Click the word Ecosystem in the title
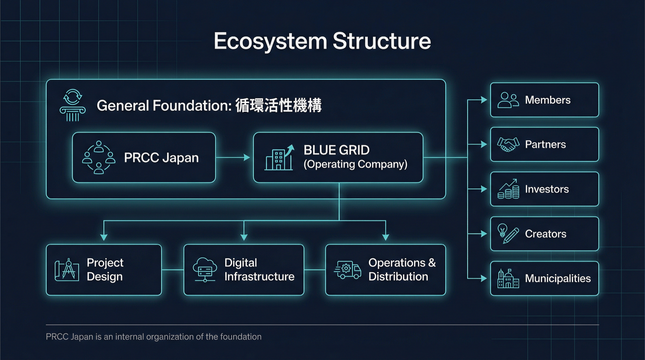coord(270,41)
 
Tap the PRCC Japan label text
coord(161,158)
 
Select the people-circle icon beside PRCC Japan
coord(98,157)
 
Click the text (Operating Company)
coord(355,164)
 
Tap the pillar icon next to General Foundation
coord(73,105)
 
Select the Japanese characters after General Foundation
coord(278,105)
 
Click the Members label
coord(548,100)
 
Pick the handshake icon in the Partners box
coord(508,145)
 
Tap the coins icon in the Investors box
coord(508,189)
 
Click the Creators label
coord(546,234)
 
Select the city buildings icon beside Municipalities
coord(508,279)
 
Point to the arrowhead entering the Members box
coord(484,100)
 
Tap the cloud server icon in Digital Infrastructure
coord(205,270)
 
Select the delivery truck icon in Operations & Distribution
coord(348,270)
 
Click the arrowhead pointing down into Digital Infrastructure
coord(244,237)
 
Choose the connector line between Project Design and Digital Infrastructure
coord(173,270)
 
